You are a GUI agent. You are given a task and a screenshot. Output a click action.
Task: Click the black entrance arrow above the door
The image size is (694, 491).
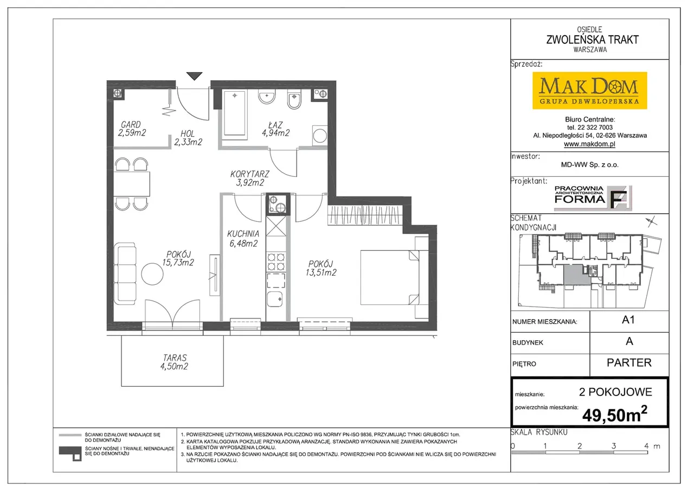point(194,75)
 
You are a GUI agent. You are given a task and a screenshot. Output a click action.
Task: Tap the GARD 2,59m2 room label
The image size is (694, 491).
point(132,129)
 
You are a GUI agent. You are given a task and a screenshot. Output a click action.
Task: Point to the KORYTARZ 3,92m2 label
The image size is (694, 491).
point(250,178)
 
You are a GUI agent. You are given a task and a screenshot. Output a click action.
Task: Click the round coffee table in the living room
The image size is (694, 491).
point(152,273)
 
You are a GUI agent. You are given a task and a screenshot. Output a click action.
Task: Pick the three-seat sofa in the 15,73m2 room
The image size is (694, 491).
point(125,273)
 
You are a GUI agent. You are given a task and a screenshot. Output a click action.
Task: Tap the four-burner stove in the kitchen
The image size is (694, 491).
point(276,262)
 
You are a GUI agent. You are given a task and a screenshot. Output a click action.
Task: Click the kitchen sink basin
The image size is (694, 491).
point(275,299)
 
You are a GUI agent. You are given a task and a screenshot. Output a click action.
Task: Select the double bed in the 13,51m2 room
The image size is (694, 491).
point(390,277)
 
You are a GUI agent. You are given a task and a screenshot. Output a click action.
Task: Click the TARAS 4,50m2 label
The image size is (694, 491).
point(174,362)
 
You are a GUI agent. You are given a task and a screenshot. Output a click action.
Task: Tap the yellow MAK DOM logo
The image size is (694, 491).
point(589,91)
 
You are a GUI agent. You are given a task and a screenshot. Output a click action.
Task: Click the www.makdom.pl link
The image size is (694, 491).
point(589,144)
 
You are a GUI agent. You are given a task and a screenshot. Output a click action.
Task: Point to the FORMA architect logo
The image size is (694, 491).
point(593,198)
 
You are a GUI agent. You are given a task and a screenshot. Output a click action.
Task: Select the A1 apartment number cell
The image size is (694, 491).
point(629,322)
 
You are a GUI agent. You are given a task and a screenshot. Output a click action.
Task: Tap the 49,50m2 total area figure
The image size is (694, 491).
point(615,415)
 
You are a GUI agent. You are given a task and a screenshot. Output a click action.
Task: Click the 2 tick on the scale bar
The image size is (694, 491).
point(580,446)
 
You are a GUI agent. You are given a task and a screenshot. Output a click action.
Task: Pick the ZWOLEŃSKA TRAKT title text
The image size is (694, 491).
point(592,40)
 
